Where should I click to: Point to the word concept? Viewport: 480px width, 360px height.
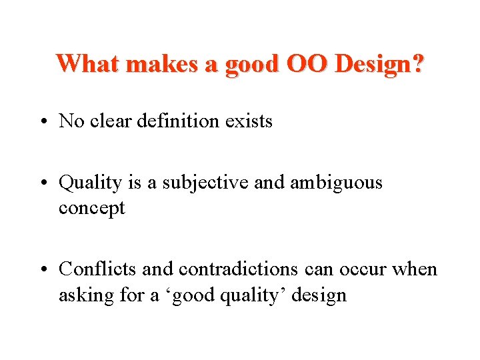click(92, 209)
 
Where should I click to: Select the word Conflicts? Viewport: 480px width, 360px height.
click(98, 269)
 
